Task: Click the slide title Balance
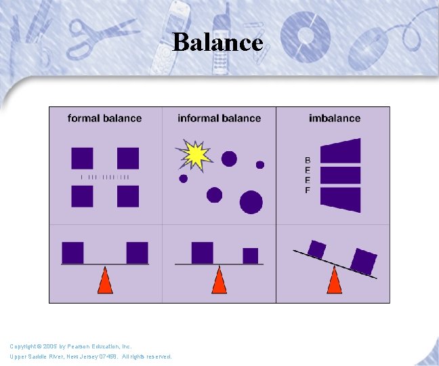click(x=217, y=42)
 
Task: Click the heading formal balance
click(x=104, y=118)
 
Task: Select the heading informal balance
click(x=219, y=118)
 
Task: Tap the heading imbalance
click(x=335, y=118)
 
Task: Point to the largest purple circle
click(x=251, y=201)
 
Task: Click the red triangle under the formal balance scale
click(x=105, y=281)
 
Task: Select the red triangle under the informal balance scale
click(x=219, y=281)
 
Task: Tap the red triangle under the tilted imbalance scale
click(x=334, y=281)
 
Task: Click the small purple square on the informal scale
click(x=251, y=256)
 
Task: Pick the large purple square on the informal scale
click(x=202, y=252)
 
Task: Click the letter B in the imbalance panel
click(x=308, y=161)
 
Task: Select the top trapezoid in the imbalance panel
click(x=340, y=150)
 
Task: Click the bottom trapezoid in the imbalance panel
click(x=340, y=199)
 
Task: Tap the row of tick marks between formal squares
click(x=105, y=177)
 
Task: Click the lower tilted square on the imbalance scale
click(x=364, y=261)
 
